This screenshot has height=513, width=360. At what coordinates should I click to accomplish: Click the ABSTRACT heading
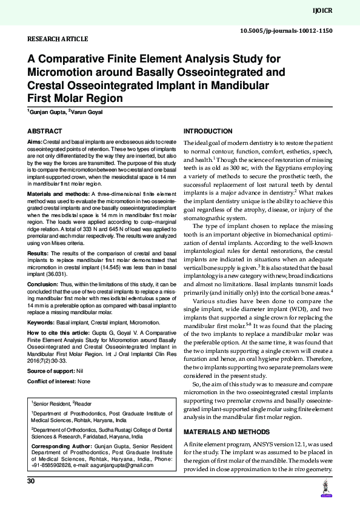point(45,131)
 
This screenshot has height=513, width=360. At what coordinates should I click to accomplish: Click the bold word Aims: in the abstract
point(35,141)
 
